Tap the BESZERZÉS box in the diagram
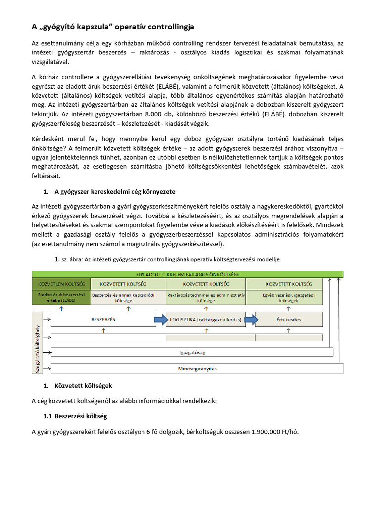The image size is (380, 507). click(103, 319)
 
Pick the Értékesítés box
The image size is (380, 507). click(288, 320)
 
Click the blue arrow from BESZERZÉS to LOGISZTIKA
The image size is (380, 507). click(162, 320)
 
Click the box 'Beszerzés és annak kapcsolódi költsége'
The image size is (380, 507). click(127, 297)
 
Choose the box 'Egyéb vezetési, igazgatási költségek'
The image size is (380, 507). click(288, 297)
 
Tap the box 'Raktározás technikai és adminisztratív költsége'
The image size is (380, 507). click(206, 297)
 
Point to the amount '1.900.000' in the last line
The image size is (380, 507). click(272, 432)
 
